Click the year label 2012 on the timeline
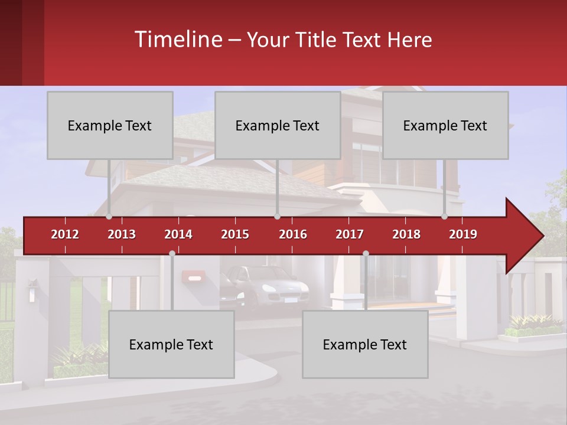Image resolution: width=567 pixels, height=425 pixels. click(x=65, y=234)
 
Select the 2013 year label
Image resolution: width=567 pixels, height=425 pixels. click(x=122, y=234)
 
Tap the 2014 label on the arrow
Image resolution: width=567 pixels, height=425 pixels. click(x=178, y=234)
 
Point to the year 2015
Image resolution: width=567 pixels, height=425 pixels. click(x=235, y=234)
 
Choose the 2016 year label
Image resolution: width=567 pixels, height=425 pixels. click(x=293, y=234)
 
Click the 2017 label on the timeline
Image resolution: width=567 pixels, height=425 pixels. click(x=350, y=234)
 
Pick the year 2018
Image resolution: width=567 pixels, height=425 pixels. click(x=406, y=234)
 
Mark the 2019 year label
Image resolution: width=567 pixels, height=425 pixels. click(x=463, y=234)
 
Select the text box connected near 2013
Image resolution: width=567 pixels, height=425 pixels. click(x=110, y=125)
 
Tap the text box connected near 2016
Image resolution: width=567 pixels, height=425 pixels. click(x=278, y=125)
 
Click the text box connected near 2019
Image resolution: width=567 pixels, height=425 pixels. click(x=445, y=125)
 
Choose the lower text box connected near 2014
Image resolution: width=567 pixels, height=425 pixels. click(x=171, y=345)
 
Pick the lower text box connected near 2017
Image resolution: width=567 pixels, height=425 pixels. click(x=365, y=345)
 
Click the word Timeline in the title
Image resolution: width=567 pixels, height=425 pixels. click(x=178, y=40)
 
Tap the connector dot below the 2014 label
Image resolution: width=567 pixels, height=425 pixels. click(x=172, y=254)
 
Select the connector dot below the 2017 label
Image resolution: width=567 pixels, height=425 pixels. click(x=366, y=254)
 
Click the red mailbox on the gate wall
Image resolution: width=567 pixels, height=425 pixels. click(x=193, y=276)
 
